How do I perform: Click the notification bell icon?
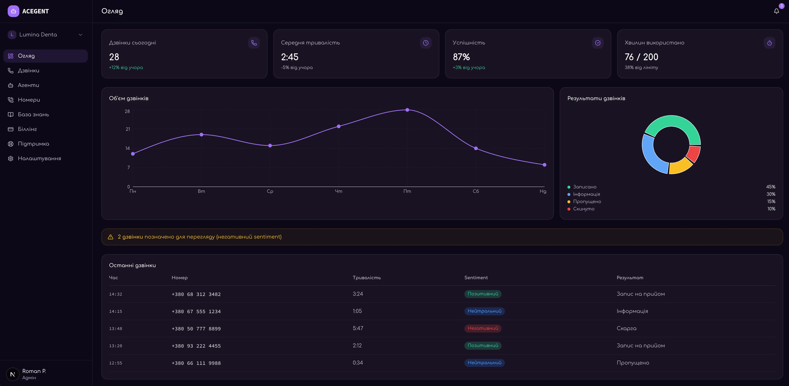click(x=776, y=11)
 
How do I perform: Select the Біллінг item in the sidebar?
click(x=27, y=129)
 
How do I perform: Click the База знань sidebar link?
click(x=33, y=114)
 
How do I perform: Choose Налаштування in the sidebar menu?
click(x=39, y=159)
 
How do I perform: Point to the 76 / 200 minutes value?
click(x=641, y=57)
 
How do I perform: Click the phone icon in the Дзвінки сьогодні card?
click(x=254, y=43)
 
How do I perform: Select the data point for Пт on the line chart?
click(x=407, y=110)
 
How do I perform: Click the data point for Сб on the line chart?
click(x=476, y=148)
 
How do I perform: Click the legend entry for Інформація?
click(x=586, y=194)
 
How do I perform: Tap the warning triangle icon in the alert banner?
click(x=111, y=237)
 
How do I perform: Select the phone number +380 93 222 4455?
click(x=196, y=346)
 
